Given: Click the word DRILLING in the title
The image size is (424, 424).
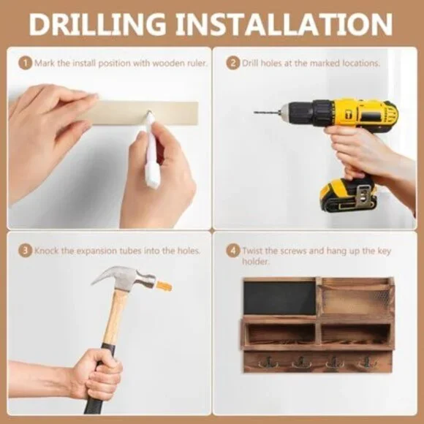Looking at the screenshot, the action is pyautogui.click(x=97, y=24).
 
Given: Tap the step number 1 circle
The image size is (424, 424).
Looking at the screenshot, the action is pyautogui.click(x=25, y=64).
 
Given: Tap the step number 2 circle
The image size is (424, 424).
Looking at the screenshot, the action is pyautogui.click(x=232, y=64).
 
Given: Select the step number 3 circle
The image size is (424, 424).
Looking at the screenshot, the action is pyautogui.click(x=25, y=251).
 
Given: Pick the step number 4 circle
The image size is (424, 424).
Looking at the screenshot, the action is pyautogui.click(x=232, y=251).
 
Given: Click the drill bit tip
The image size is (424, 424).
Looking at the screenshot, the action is pyautogui.click(x=254, y=112).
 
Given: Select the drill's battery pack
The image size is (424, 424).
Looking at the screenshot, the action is pyautogui.click(x=348, y=195).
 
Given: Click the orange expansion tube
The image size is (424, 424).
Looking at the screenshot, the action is pyautogui.click(x=164, y=287).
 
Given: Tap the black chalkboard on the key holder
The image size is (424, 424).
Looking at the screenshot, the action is pyautogui.click(x=279, y=298).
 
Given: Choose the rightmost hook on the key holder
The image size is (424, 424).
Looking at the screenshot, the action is pyautogui.click(x=367, y=362).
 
